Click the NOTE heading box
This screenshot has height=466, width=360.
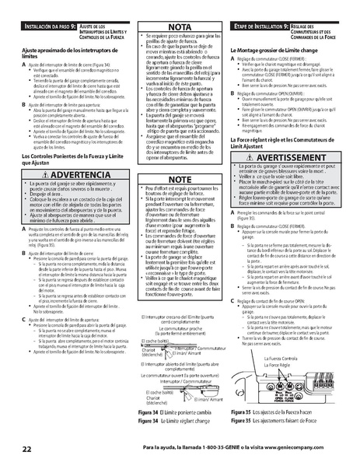[x=179, y=179]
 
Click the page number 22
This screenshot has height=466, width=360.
[x=26, y=450]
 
